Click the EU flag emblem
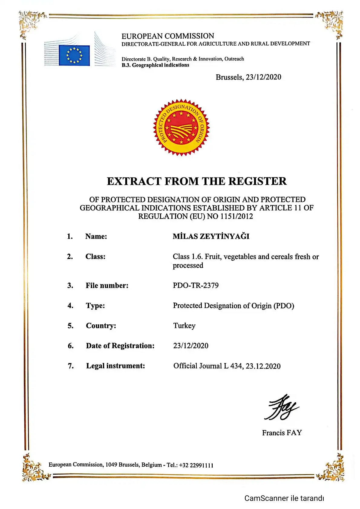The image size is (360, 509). [74, 55]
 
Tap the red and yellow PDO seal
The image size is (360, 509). [181, 127]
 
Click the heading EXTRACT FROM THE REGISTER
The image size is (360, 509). [197, 181]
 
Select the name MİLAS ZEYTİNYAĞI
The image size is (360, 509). [211, 236]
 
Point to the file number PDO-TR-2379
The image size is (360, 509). [195, 285]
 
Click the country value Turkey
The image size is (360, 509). [184, 326]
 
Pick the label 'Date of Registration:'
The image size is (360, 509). [120, 346]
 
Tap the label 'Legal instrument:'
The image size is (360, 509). [115, 366]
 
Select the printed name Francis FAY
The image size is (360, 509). [282, 433]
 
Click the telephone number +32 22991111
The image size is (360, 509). [196, 465]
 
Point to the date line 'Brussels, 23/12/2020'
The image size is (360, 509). [248, 77]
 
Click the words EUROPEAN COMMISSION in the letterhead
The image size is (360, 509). [168, 36]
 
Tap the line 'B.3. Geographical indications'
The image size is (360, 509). [155, 65]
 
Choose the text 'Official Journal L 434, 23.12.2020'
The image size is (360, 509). [227, 366]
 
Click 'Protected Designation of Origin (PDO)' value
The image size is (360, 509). [233, 306]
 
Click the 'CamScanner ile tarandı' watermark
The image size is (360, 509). [284, 498]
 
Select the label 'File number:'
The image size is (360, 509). [107, 285]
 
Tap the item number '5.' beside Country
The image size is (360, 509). [70, 326]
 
